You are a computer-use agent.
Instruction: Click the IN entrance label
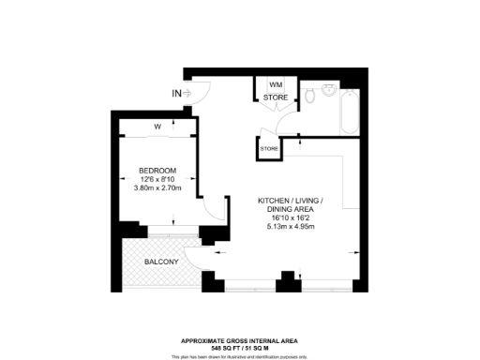(176, 93)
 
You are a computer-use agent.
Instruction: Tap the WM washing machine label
(276, 84)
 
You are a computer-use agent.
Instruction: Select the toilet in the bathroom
(308, 96)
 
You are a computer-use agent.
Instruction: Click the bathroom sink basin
(328, 90)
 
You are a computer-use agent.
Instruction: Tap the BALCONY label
(161, 262)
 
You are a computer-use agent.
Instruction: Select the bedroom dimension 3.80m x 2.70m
(157, 188)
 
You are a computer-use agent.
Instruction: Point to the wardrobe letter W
(157, 127)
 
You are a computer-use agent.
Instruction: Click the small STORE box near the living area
(269, 149)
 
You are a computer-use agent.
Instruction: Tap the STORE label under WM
(276, 97)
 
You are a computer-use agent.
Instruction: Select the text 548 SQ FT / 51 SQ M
(240, 348)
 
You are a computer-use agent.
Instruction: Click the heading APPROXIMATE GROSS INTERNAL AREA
(240, 340)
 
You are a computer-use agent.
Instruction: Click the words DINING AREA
(291, 209)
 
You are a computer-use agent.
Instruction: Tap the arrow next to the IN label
(189, 93)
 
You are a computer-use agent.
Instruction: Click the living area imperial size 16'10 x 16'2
(291, 218)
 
